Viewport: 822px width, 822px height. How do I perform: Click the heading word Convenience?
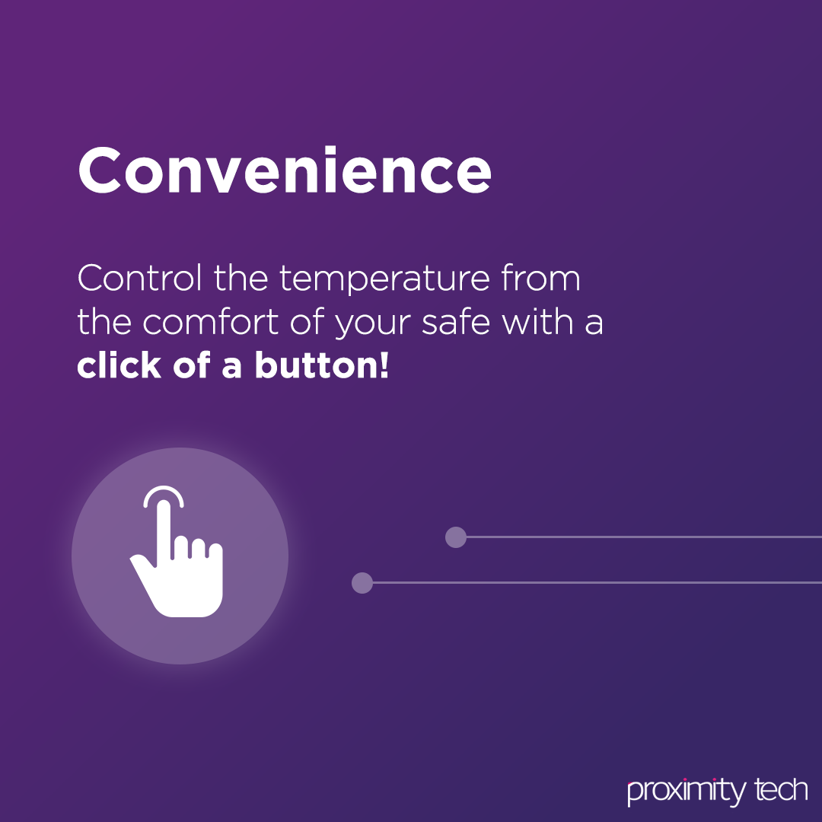[x=284, y=170]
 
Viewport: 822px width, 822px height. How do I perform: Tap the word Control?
[x=139, y=278]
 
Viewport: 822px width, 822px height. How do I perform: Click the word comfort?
[x=210, y=321]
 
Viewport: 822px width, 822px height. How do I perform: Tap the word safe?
[x=456, y=321]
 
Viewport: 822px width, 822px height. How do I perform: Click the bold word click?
[x=119, y=365]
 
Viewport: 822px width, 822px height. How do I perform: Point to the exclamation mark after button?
[x=385, y=365]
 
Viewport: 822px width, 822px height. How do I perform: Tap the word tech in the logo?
[x=781, y=789]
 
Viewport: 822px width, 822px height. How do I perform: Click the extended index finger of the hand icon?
[x=164, y=530]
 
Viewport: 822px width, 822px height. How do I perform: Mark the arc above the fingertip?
[x=164, y=489]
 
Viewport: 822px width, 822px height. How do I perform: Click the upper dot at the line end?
[x=456, y=537]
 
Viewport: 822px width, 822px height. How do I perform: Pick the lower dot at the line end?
[x=362, y=583]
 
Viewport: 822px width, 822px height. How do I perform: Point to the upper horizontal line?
[x=645, y=537]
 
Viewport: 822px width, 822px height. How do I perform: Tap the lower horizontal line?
[x=597, y=583]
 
